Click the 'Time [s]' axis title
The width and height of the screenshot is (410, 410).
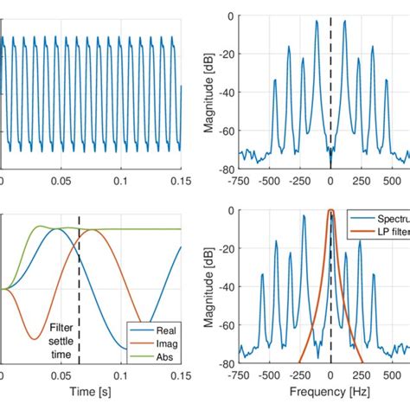click(91, 394)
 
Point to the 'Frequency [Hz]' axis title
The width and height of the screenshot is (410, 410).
click(330, 394)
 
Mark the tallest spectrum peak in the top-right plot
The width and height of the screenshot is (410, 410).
click(344, 21)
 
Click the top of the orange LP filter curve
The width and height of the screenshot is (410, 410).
click(330, 210)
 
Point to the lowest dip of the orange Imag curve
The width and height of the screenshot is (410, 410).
click(32, 338)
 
